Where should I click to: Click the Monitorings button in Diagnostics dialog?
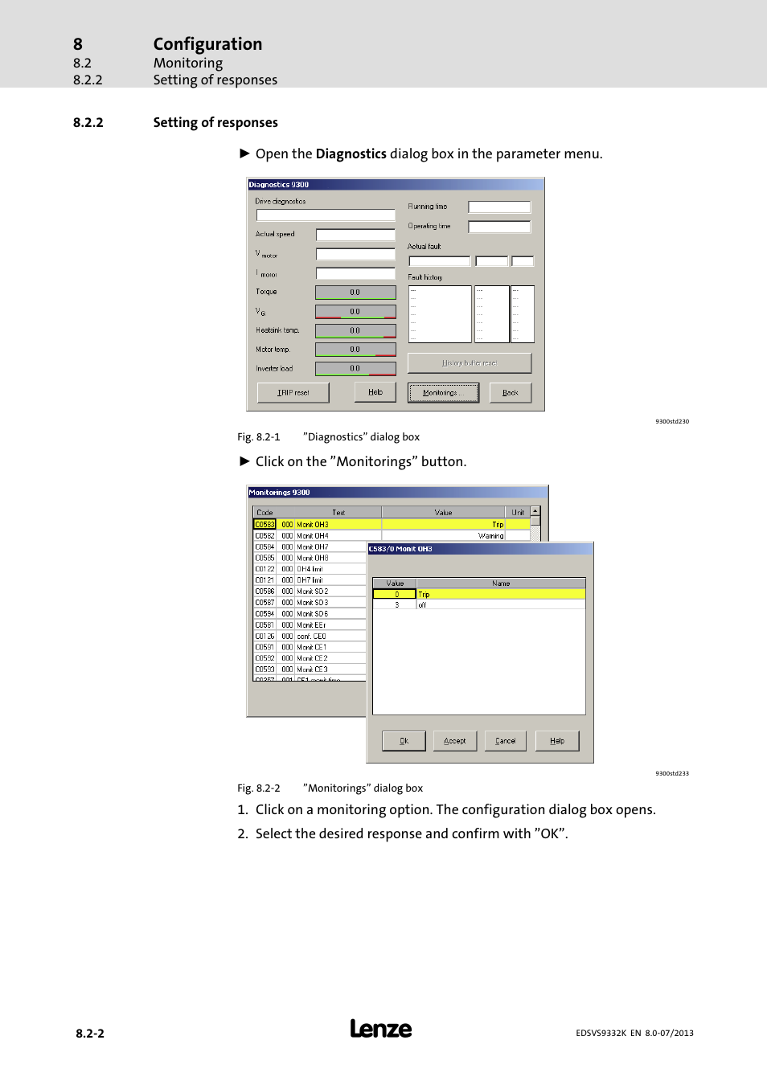[443, 393]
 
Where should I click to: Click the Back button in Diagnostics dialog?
[510, 393]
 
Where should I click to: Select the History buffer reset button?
[469, 363]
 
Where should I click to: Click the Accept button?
[454, 741]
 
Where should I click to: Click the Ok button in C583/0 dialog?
[404, 741]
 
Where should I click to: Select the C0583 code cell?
[265, 524]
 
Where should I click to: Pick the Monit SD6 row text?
[313, 613]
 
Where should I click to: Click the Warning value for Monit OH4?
[490, 535]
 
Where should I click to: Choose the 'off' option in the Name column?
[422, 605]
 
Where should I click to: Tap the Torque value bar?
[355, 293]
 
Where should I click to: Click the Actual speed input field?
[355, 235]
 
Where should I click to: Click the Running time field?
[498, 207]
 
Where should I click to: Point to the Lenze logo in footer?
[380, 1030]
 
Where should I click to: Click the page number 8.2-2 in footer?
[90, 1034]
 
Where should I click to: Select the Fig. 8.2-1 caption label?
[259, 437]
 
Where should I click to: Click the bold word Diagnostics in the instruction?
[351, 154]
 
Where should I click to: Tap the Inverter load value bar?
[355, 369]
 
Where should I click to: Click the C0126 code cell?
[265, 636]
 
